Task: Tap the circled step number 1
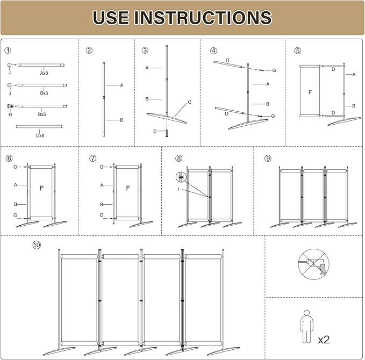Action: point(8,51)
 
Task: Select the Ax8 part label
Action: point(45,72)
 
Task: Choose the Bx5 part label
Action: point(41,114)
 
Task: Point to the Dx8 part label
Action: point(40,135)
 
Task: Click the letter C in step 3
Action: point(189,102)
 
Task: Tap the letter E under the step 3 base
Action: point(155,131)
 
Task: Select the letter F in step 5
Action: point(310,92)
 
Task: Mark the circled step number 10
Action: point(36,245)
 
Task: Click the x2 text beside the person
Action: point(324,340)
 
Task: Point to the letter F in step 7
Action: point(127,188)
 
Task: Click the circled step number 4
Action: point(213,51)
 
